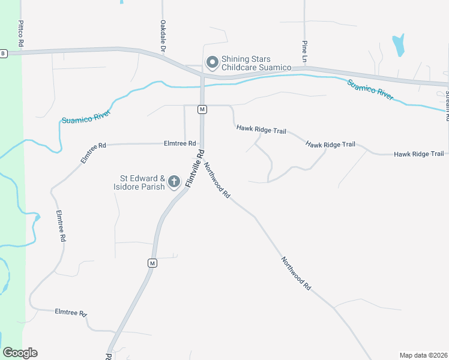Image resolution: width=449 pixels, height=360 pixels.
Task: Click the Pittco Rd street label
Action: tap(21, 34)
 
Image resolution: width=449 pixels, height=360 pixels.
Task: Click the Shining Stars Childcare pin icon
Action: tap(211, 62)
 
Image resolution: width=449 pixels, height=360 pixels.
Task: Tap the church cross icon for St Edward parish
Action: tap(174, 181)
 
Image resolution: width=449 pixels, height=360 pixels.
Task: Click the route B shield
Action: tap(3, 53)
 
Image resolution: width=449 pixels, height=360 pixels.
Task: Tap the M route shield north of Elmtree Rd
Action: tap(202, 109)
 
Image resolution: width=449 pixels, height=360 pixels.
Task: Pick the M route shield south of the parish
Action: tap(152, 263)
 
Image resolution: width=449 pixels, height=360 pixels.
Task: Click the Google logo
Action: tap(20, 353)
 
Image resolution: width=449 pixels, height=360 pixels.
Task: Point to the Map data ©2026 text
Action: tap(423, 355)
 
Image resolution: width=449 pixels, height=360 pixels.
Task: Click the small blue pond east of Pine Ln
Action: tap(398, 44)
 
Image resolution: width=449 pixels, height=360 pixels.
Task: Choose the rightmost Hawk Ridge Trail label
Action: tap(419, 154)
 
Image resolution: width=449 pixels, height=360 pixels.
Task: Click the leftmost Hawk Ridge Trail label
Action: tap(261, 128)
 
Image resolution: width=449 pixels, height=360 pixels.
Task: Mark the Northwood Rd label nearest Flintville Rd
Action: tap(217, 180)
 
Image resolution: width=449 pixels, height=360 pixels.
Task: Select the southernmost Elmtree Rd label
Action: tap(71, 313)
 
